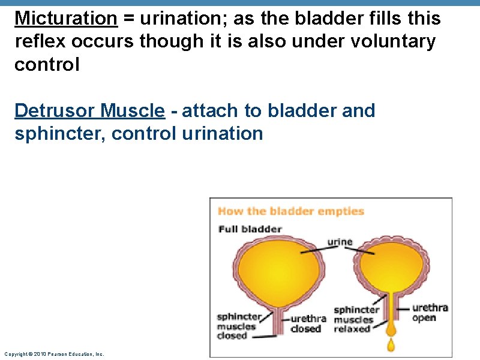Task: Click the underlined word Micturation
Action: tap(65, 19)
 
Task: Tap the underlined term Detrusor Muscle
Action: tap(89, 110)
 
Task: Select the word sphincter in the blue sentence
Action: tap(58, 133)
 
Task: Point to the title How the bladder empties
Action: tap(291, 211)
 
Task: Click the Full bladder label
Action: tap(250, 229)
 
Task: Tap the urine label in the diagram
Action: tap(340, 242)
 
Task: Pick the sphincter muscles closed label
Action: tap(239, 326)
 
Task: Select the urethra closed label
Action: tap(308, 324)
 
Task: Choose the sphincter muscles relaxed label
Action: tap(356, 319)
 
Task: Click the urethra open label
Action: tap(430, 313)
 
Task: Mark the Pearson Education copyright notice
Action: tap(53, 354)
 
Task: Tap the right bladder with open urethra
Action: tap(391, 264)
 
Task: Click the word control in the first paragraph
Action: tap(47, 64)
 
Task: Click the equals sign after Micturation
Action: tap(129, 19)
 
